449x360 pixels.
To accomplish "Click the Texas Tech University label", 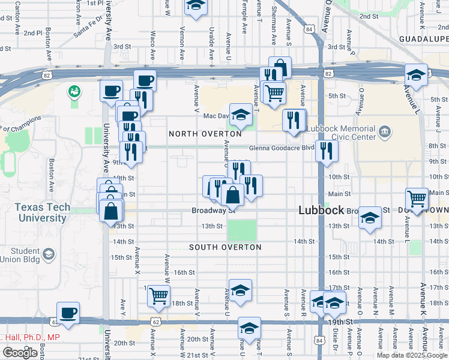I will coord(43,213).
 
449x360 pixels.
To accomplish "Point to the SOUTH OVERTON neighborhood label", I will coord(225,247).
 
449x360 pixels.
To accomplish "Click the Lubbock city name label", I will coord(321,211).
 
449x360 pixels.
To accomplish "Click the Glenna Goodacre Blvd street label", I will coord(283,148).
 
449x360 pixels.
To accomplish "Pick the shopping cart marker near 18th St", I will coord(158,295).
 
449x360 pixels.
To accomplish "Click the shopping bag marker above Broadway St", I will coord(232,194).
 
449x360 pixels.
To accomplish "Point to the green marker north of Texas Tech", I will coord(74,92).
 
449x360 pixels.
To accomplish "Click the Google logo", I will coord(20,353).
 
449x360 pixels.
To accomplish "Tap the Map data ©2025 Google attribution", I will coord(412,355).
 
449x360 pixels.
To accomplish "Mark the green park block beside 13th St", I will coord(242,230).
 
